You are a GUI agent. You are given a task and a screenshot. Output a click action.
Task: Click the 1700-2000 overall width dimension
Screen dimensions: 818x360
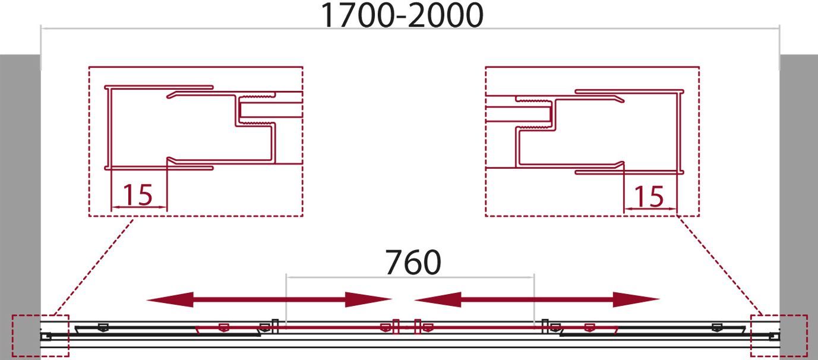[402, 15]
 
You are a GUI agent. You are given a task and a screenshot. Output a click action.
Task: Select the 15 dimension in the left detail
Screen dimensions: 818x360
[138, 195]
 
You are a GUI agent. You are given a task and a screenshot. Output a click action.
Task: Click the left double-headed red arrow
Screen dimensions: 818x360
[269, 300]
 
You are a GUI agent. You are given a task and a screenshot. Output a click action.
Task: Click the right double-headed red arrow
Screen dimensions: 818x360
[537, 300]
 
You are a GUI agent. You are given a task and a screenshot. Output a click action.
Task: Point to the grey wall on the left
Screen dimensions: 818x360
[20, 207]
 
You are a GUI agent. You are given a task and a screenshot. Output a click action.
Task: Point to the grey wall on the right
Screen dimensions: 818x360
[798, 207]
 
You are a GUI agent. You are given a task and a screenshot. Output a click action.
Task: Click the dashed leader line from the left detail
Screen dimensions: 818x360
[93, 266]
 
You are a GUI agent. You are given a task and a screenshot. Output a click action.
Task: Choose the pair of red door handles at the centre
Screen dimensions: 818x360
[406, 326]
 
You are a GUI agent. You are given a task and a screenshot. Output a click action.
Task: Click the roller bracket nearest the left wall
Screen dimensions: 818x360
[103, 327]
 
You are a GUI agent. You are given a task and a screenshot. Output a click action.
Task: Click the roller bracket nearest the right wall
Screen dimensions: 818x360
[717, 327]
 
